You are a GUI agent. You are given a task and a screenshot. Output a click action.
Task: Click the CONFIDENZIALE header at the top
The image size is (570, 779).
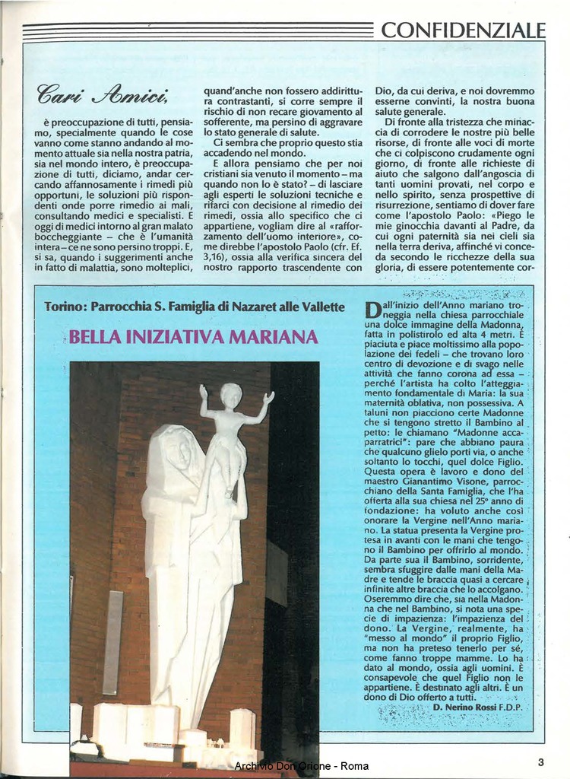point(463,30)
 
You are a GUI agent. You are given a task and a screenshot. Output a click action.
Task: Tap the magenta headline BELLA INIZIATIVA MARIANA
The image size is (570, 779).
point(194,336)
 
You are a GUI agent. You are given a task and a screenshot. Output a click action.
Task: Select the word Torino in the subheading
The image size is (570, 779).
point(64,307)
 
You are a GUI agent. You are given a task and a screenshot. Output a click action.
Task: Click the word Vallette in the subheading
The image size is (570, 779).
point(324,307)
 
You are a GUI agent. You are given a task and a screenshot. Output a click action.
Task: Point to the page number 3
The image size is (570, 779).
point(540,762)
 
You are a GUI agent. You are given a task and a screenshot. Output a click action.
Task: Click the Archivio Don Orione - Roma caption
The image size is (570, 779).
point(302,765)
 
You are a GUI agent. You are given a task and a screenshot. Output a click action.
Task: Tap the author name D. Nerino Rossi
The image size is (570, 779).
point(464,707)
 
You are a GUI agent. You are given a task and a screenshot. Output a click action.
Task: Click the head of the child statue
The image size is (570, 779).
point(231,394)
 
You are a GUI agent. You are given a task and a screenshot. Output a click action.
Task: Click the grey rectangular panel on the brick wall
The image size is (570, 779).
point(112,642)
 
